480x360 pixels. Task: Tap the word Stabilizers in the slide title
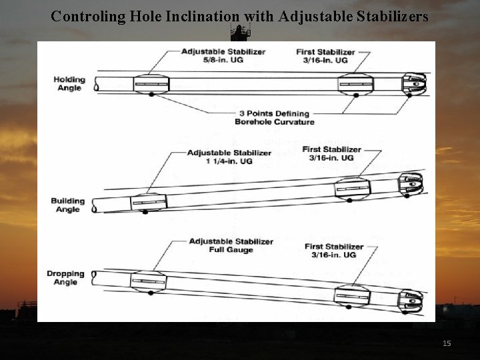(x=387, y=15)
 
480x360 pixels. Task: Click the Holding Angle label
(x=69, y=84)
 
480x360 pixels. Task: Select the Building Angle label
(x=68, y=205)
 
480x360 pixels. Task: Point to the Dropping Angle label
(x=66, y=277)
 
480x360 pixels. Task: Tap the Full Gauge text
(x=231, y=250)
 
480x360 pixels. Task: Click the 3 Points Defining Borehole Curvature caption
(x=274, y=117)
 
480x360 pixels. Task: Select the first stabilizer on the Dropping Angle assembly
(x=351, y=294)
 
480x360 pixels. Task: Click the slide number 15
(x=447, y=343)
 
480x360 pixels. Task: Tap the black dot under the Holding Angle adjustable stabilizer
(x=151, y=95)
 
